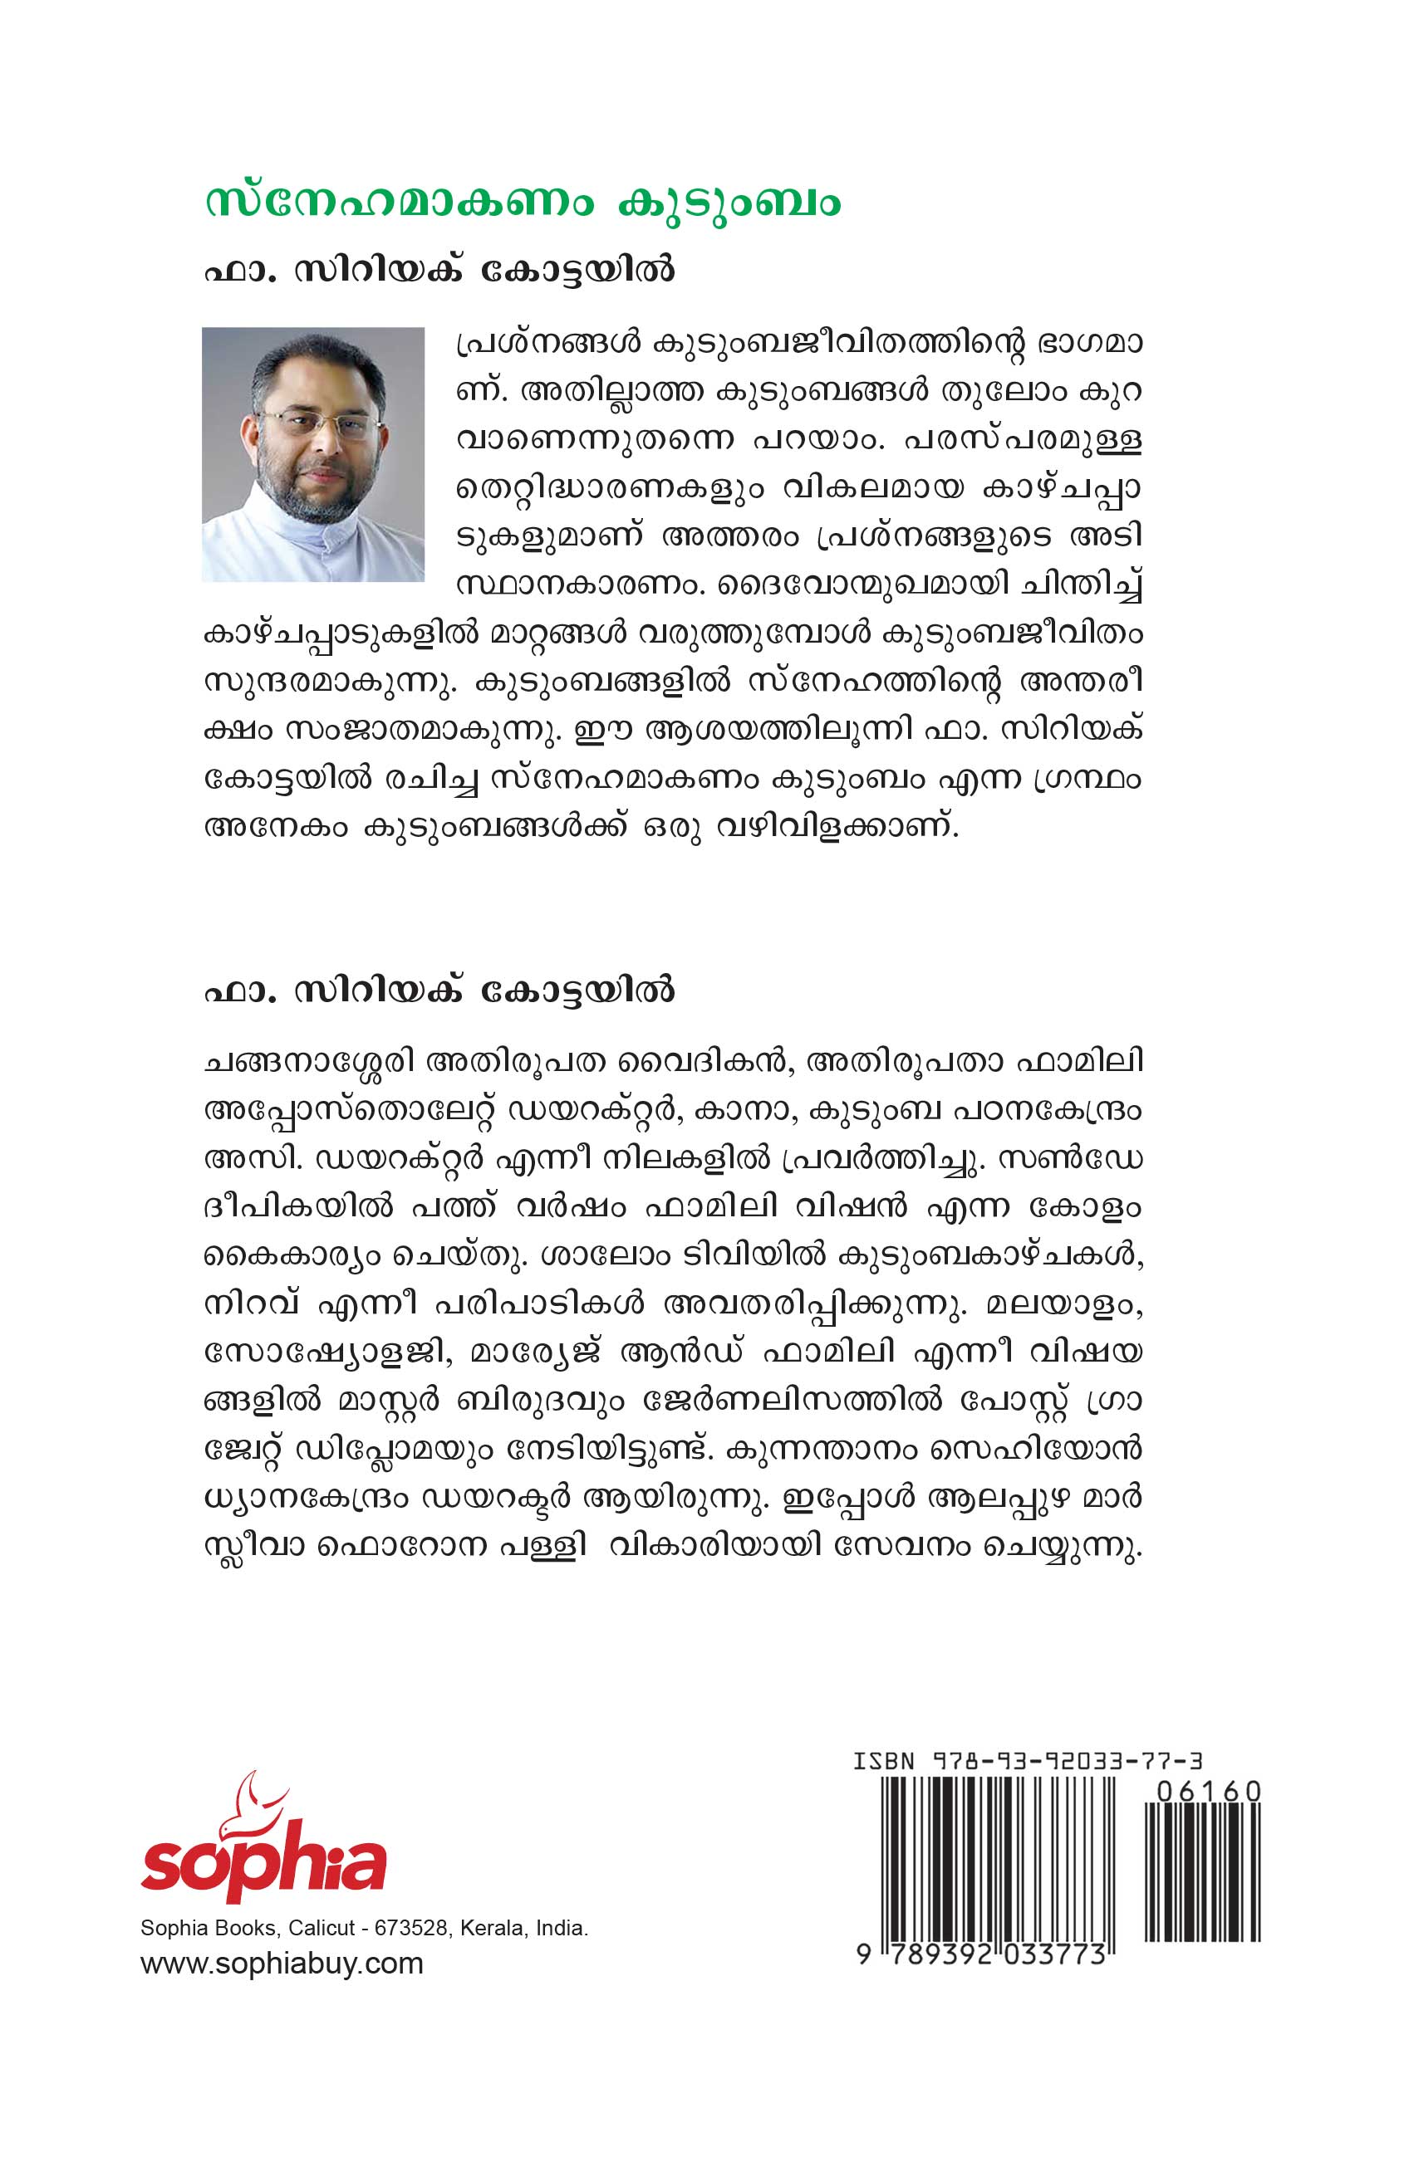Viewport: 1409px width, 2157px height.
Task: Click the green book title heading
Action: pos(523,203)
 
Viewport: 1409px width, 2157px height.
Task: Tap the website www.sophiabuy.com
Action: pos(282,1964)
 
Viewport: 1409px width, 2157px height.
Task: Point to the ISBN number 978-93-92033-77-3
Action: pos(1066,1761)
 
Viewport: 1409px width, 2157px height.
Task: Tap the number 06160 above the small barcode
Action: pos(1210,1792)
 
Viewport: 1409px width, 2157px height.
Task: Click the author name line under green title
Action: pos(439,270)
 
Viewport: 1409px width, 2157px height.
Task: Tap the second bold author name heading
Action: pos(439,990)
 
